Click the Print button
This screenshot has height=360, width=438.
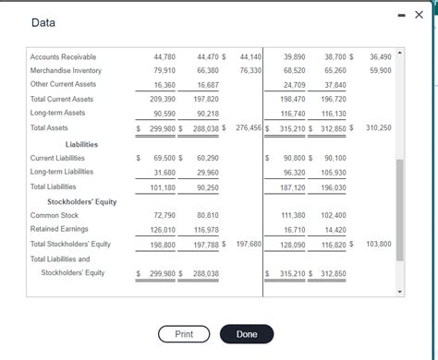click(x=184, y=333)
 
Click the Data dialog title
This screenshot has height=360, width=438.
click(x=43, y=22)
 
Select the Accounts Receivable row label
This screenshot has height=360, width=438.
click(x=63, y=57)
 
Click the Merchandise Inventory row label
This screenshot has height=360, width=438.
click(x=66, y=70)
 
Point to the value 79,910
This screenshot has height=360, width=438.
click(x=164, y=70)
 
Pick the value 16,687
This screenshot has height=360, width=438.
click(x=208, y=84)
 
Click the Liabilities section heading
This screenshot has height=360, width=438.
click(x=81, y=144)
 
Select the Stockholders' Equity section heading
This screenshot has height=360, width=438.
click(x=81, y=201)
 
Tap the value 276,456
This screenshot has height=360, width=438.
click(x=249, y=128)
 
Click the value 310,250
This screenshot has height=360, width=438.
click(x=378, y=128)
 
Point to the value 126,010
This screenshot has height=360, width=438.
click(x=164, y=229)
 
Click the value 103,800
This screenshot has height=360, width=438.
click(x=378, y=244)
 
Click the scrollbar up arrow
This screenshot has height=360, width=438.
click(x=400, y=53)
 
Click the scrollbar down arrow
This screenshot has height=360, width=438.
click(x=400, y=293)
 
